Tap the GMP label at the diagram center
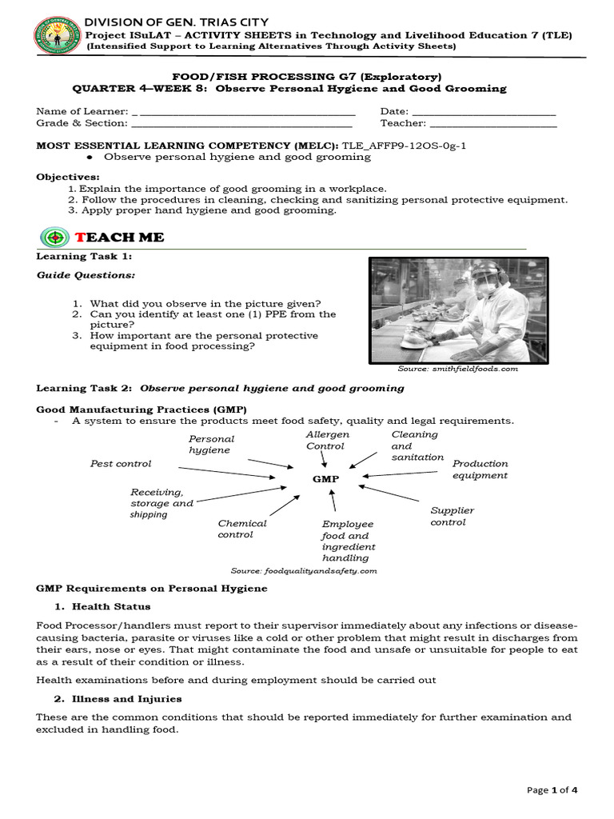pyautogui.click(x=325, y=479)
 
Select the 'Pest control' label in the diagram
pyautogui.click(x=121, y=464)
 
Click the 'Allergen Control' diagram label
pyautogui.click(x=327, y=440)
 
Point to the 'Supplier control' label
pyautogui.click(x=452, y=516)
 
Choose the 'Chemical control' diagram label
pyautogui.click(x=242, y=529)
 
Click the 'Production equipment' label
pyautogui.click(x=480, y=469)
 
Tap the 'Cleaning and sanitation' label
pyautogui.click(x=417, y=445)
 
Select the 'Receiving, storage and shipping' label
pyautogui.click(x=161, y=503)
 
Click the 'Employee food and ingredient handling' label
pyautogui.click(x=348, y=541)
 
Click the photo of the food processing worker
pyautogui.click(x=459, y=310)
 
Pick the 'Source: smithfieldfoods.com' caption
pyautogui.click(x=457, y=369)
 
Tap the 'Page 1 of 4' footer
pyautogui.click(x=552, y=790)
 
